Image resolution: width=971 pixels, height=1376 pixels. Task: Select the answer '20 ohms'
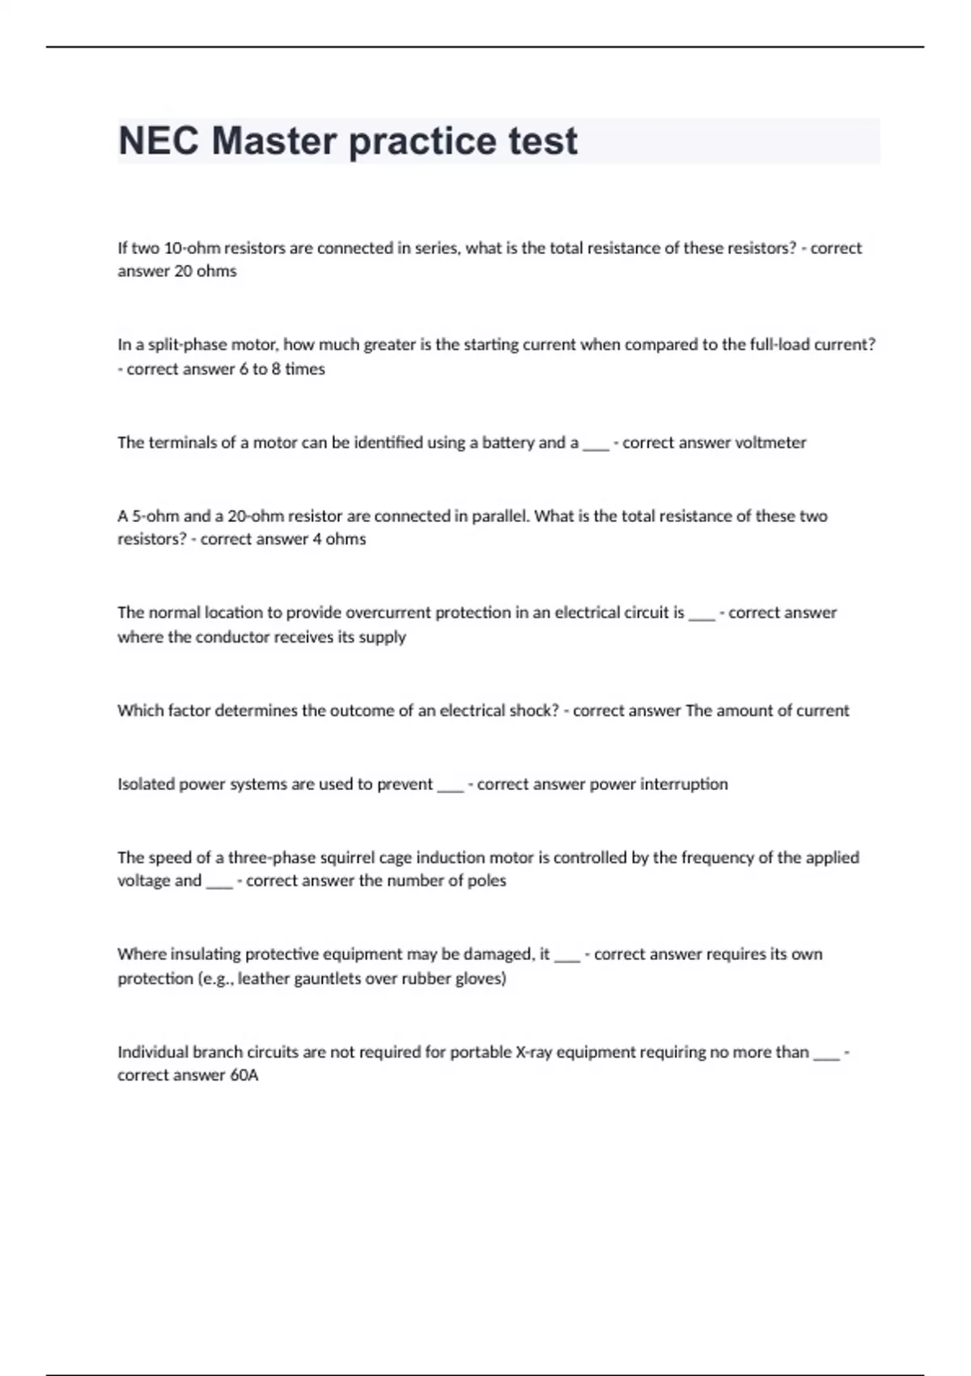point(206,271)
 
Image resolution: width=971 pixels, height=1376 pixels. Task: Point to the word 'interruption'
point(684,784)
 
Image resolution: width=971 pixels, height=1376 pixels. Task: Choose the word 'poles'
point(487,881)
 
